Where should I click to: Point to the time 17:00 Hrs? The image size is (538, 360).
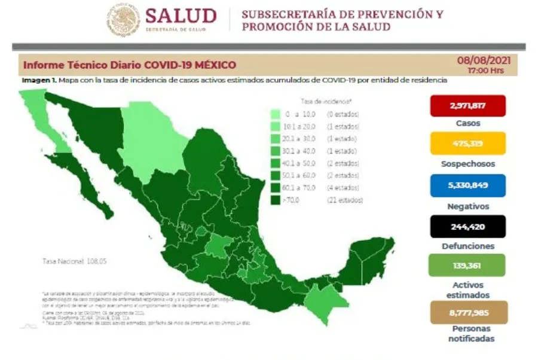click(486, 71)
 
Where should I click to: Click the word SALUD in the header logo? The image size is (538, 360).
click(180, 16)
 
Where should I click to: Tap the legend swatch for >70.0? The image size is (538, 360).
click(276, 200)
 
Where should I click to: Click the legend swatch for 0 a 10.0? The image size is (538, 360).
click(276, 114)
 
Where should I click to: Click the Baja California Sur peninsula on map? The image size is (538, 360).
click(90, 185)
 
